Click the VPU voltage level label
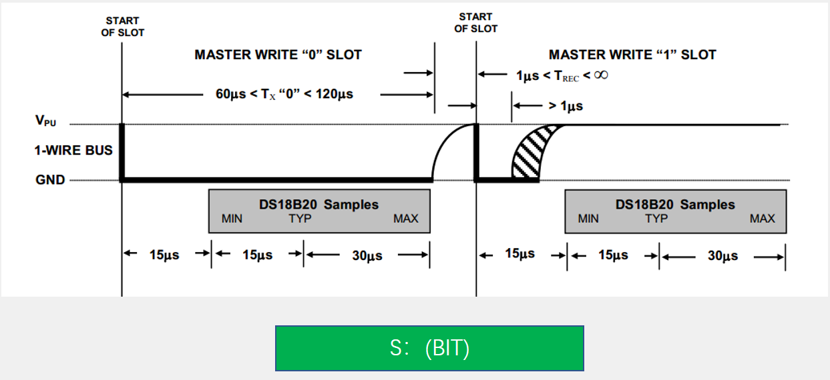pyautogui.click(x=45, y=121)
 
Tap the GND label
pyautogui.click(x=50, y=180)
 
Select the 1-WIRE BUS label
pyautogui.click(x=73, y=150)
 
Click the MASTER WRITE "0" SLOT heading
pyautogui.click(x=278, y=55)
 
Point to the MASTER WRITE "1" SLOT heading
pyautogui.click(x=632, y=55)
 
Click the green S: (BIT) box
pyautogui.click(x=429, y=348)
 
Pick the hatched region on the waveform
pyautogui.click(x=531, y=153)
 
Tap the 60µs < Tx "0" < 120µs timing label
pyautogui.click(x=284, y=94)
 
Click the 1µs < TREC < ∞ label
pyautogui.click(x=562, y=75)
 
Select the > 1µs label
pyautogui.click(x=566, y=106)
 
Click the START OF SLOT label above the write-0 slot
pyautogui.click(x=122, y=27)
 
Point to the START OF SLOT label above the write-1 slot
pyautogui.click(x=476, y=23)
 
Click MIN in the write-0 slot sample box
pyautogui.click(x=232, y=219)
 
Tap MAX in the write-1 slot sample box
pyautogui.click(x=762, y=219)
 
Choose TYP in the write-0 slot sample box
pyautogui.click(x=300, y=219)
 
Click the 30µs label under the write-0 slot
pyautogui.click(x=367, y=255)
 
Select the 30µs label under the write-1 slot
pyautogui.click(x=722, y=256)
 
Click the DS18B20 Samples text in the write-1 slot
pyautogui.click(x=675, y=204)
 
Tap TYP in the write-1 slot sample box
pyautogui.click(x=656, y=219)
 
